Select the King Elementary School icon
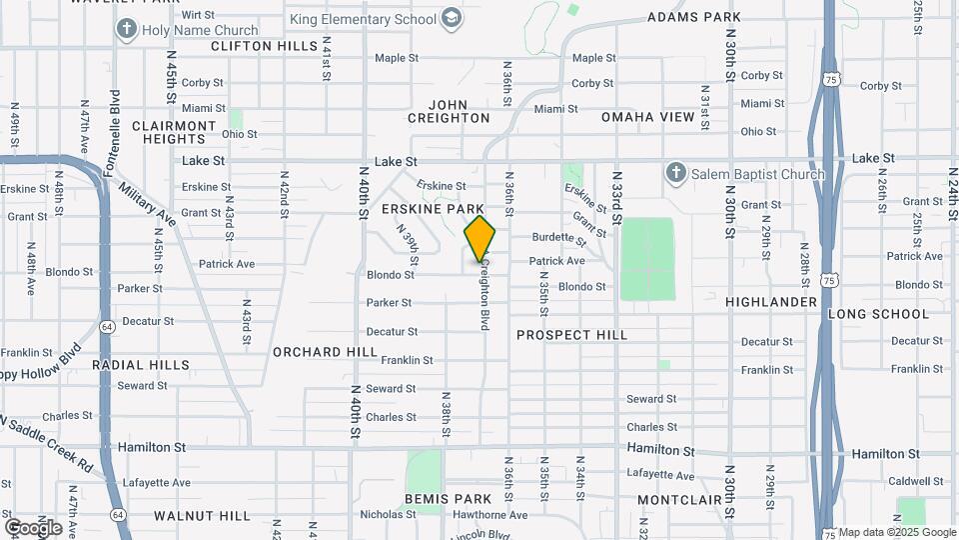pos(452,19)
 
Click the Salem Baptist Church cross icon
pos(675,174)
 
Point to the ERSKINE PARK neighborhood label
pos(441,209)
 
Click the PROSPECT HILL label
pos(571,335)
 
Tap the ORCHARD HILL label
pos(325,352)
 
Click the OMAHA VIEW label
pos(647,117)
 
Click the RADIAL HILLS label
pos(141,365)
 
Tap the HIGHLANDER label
pos(771,301)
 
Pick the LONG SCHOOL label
pos(878,314)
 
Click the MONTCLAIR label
pos(679,498)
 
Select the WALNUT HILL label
pos(202,516)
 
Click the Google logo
pos(33,527)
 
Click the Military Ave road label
pos(146,203)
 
